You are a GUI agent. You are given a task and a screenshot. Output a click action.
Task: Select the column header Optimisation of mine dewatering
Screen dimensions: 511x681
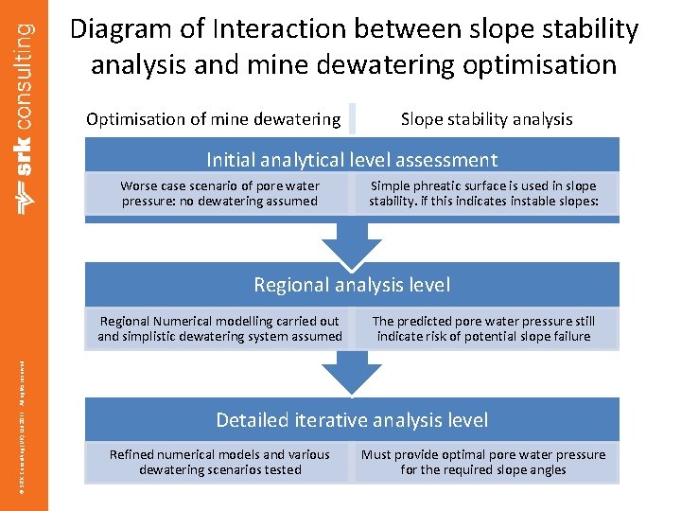coord(213,119)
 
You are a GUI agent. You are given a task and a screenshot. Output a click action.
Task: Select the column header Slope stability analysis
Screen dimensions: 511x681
coord(486,119)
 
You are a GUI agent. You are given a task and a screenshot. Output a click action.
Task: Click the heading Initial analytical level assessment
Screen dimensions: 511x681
coord(352,160)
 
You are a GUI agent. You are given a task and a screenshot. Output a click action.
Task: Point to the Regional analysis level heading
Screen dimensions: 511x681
coord(352,285)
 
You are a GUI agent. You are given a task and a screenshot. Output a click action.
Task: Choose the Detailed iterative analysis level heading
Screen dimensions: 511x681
coord(352,420)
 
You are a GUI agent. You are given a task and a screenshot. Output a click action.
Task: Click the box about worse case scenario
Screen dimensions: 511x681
coord(219,194)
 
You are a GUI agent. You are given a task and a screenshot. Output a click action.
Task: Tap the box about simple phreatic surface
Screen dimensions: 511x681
coord(483,194)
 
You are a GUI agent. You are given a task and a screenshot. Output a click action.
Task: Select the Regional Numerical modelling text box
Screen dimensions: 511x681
coord(219,328)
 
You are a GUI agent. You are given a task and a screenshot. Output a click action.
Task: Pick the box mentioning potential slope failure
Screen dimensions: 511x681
coord(483,328)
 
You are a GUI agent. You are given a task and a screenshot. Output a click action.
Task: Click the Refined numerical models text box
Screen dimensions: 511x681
coord(219,462)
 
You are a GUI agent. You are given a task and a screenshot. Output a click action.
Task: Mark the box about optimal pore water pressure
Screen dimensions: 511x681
coord(483,462)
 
